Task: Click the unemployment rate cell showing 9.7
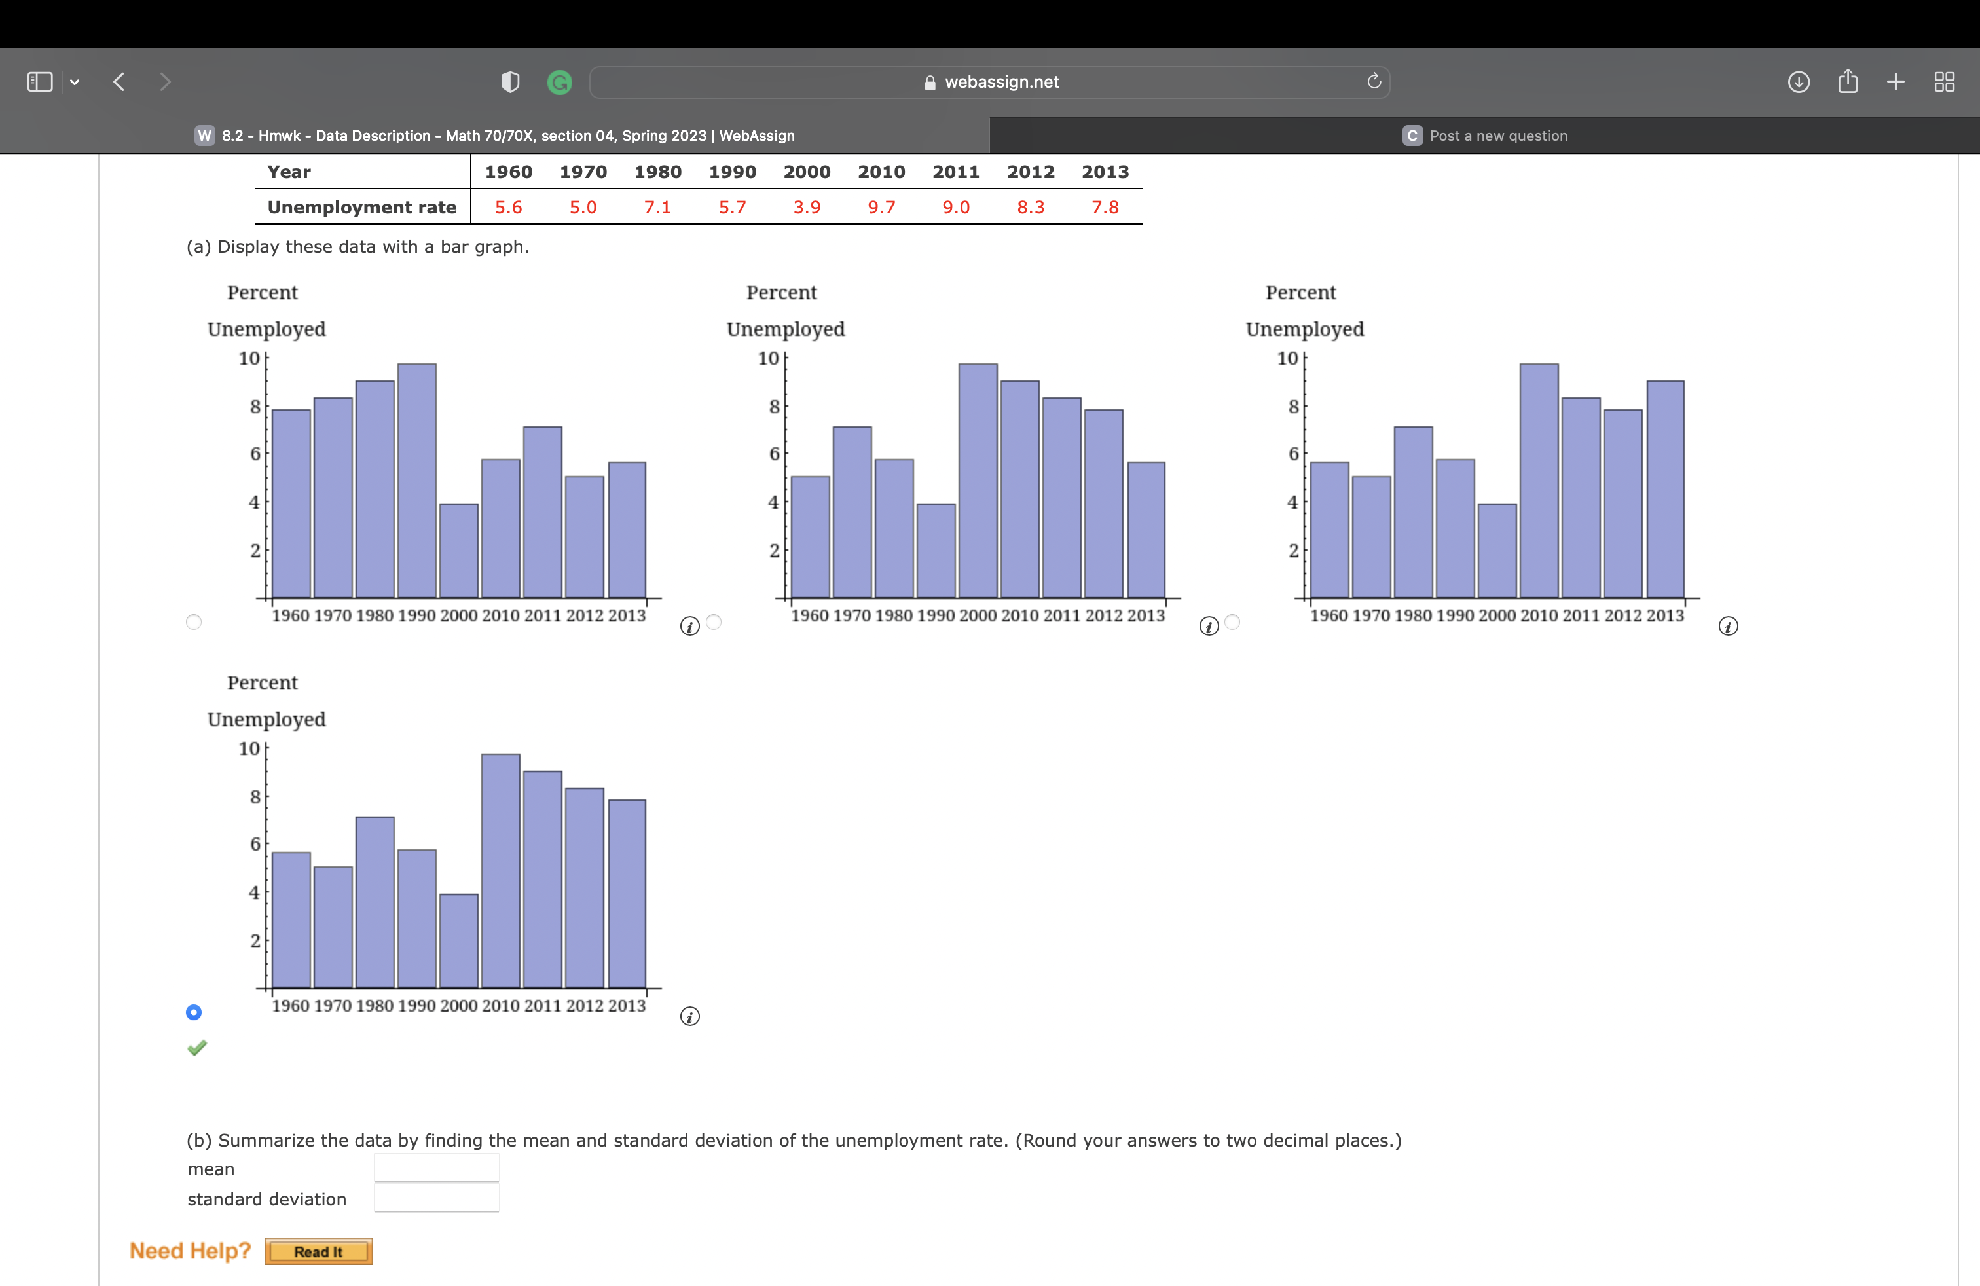(x=881, y=207)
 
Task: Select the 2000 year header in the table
(x=806, y=172)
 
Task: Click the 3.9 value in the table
(x=806, y=207)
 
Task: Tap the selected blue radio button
(x=194, y=1012)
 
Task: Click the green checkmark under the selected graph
(x=197, y=1048)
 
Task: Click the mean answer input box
(x=436, y=1168)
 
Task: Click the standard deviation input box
(x=436, y=1199)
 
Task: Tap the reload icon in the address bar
(x=1374, y=81)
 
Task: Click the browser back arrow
(x=119, y=81)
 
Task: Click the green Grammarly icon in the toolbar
(x=560, y=83)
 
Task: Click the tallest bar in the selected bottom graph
(x=501, y=870)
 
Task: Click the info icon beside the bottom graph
(x=689, y=1016)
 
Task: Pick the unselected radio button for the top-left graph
(x=194, y=622)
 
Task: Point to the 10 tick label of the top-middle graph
(x=768, y=359)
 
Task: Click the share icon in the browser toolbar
(x=1848, y=81)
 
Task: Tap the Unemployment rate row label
(x=362, y=207)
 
